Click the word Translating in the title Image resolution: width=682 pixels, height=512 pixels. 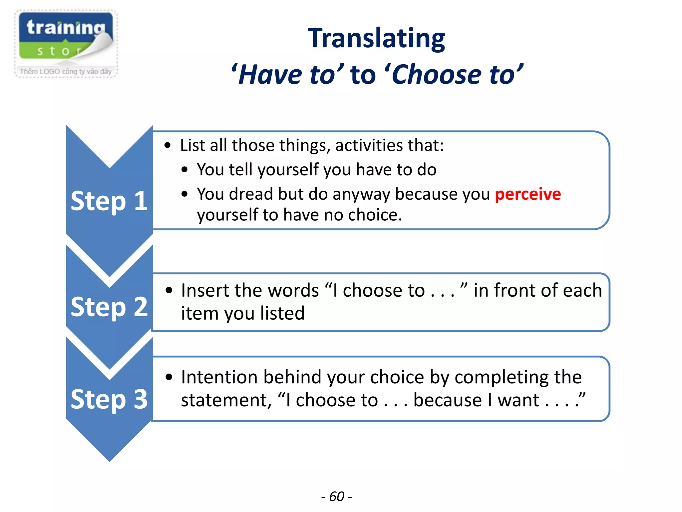[376, 38]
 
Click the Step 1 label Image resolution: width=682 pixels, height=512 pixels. [109, 201]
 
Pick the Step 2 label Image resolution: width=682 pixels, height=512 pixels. [109, 307]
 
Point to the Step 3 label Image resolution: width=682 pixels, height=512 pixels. [109, 399]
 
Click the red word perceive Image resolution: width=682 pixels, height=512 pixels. [527, 194]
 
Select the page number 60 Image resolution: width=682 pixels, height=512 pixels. [336, 497]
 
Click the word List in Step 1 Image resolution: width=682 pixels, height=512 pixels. [192, 145]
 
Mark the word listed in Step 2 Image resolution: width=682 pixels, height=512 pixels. [282, 313]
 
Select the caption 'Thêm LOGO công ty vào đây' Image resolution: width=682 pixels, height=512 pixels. [66, 71]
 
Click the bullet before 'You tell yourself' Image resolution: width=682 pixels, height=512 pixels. [184, 170]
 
